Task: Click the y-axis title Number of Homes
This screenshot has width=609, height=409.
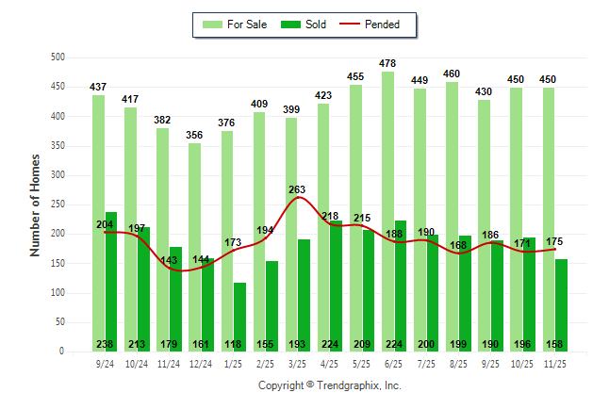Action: click(36, 204)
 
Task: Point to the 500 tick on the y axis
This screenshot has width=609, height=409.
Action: click(58, 57)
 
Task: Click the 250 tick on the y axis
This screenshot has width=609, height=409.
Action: click(58, 204)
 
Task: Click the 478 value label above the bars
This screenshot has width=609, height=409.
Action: click(388, 63)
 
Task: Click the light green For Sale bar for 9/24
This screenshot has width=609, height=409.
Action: click(98, 222)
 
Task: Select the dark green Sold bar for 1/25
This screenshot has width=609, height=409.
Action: click(239, 317)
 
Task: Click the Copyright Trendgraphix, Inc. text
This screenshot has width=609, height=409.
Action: click(330, 385)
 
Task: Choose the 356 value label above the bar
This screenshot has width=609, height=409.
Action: click(195, 135)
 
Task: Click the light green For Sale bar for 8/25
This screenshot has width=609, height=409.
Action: click(452, 216)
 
